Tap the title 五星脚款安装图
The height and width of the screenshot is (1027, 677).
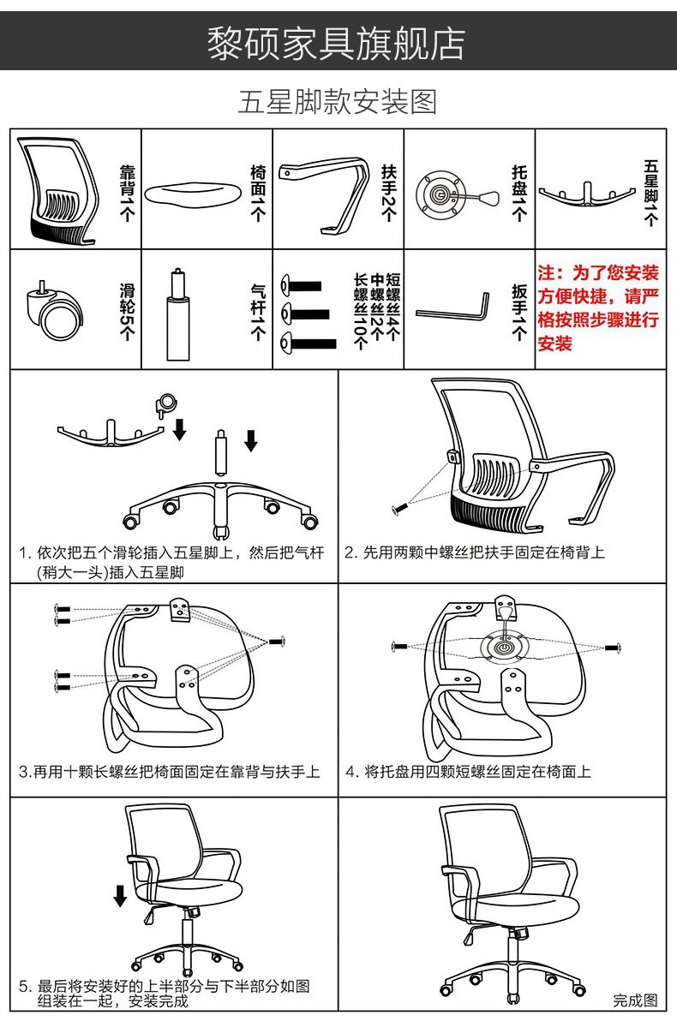(337, 102)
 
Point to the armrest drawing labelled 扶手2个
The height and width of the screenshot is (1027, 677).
(322, 194)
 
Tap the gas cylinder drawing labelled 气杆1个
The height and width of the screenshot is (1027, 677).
(177, 313)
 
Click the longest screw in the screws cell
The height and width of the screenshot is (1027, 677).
(309, 343)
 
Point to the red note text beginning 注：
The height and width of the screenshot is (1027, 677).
(597, 308)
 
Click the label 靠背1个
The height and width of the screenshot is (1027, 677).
(127, 194)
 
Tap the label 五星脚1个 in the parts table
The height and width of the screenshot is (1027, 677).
(650, 194)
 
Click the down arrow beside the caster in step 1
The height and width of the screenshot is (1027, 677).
(180, 429)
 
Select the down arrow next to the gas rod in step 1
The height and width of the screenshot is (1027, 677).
(250, 440)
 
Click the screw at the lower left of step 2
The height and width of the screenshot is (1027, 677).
(399, 508)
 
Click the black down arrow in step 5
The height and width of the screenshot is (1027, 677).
(120, 895)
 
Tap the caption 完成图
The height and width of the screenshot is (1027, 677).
(635, 1000)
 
